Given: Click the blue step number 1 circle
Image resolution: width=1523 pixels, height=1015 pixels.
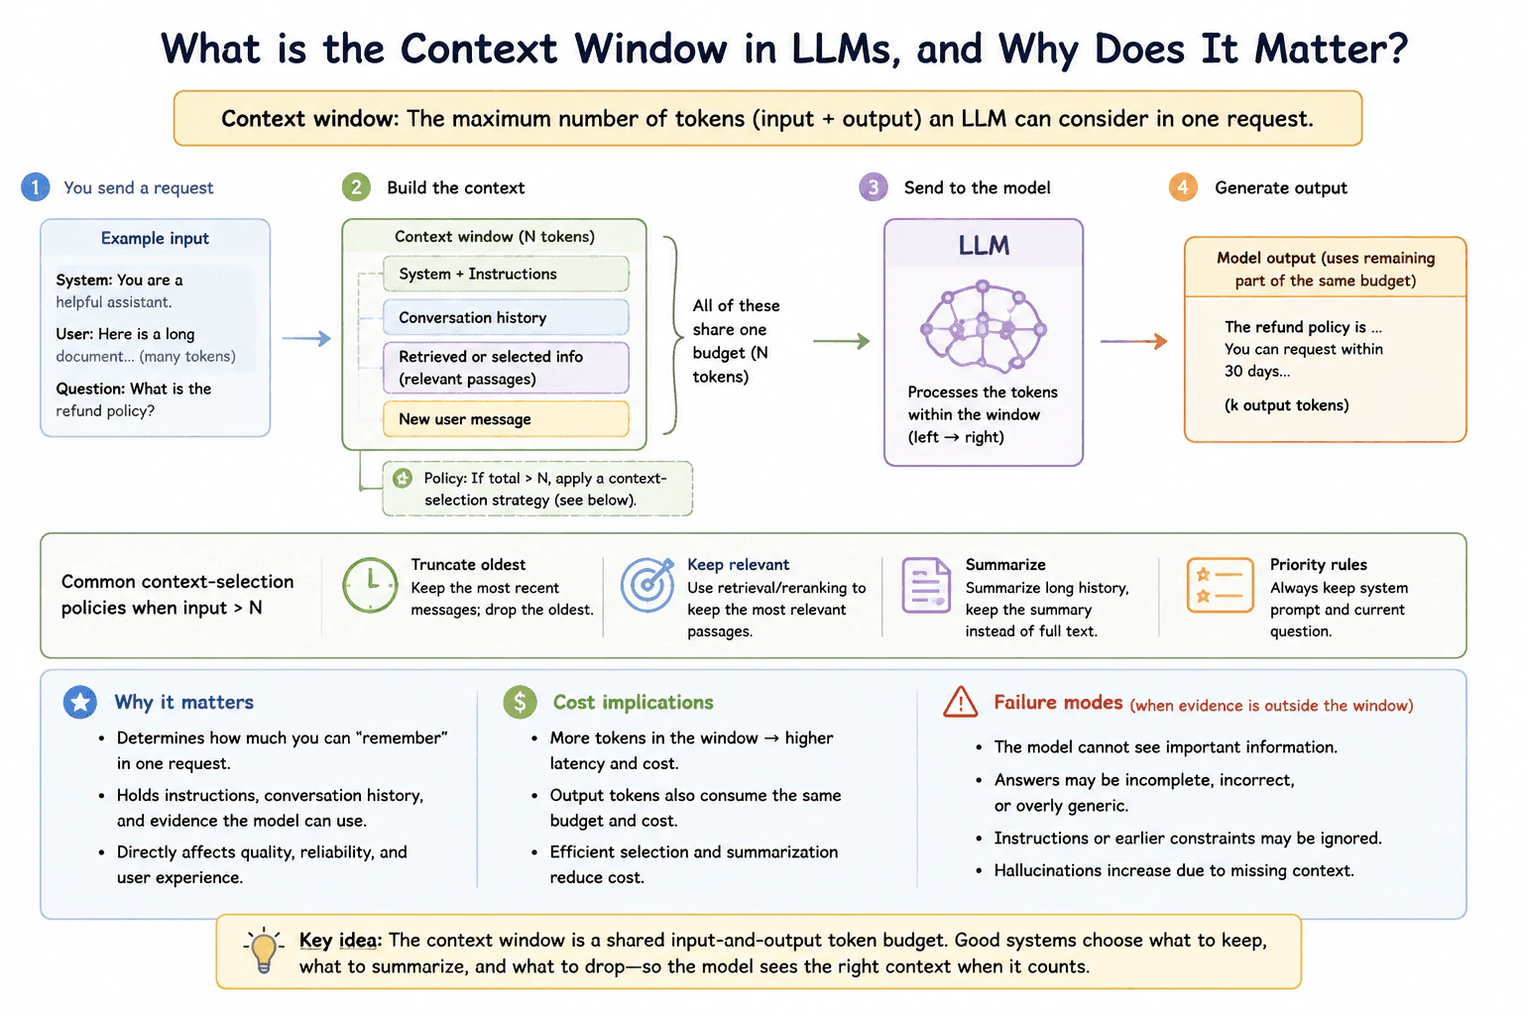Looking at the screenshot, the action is (36, 187).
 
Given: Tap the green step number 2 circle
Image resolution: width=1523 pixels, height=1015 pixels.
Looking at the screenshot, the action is (356, 187).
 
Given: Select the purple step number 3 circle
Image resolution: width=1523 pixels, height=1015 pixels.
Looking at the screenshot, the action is (874, 187).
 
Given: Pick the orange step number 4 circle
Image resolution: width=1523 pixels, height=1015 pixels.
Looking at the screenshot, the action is (1183, 187).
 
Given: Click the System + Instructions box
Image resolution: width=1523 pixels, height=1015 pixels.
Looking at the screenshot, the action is (506, 274).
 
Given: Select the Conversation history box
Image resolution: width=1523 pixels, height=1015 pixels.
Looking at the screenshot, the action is (506, 317).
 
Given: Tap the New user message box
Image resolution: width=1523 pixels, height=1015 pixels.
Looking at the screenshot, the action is (506, 418).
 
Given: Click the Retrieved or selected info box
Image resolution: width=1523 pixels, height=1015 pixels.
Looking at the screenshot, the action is (506, 368).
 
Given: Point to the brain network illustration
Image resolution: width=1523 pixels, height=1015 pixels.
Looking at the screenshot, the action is (984, 326).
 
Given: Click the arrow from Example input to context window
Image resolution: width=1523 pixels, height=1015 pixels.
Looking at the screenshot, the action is (306, 338).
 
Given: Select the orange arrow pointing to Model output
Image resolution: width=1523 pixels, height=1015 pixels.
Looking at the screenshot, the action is (1134, 341).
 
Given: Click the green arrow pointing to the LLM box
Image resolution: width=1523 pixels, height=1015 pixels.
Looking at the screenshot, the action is (842, 341).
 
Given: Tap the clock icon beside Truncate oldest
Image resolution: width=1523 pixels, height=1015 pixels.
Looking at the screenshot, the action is (370, 586).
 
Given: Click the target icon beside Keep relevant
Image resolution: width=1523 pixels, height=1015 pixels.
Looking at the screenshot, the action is (647, 585).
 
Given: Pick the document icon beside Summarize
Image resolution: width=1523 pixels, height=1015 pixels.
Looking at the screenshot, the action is (926, 586).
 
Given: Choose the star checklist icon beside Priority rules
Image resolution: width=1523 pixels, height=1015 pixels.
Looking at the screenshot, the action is (1220, 586).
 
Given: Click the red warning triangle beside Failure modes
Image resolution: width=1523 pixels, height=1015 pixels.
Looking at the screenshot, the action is (961, 702).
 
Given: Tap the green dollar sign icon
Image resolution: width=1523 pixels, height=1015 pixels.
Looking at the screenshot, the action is (521, 702).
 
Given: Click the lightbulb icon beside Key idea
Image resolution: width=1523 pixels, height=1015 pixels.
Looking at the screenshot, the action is (264, 950).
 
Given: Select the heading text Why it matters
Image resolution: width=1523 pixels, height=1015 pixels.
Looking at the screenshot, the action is (183, 702).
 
